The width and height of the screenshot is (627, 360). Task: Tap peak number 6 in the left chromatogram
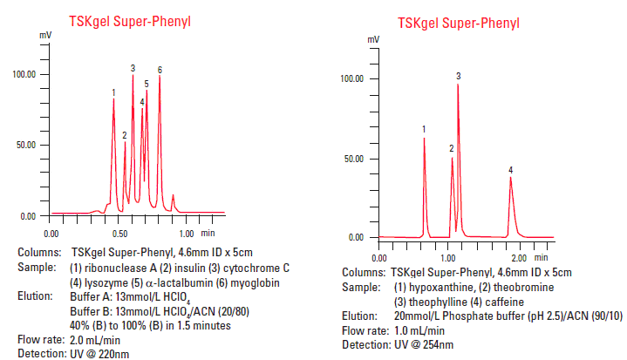point(160,69)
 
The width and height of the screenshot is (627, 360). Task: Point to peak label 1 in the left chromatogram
point(113,92)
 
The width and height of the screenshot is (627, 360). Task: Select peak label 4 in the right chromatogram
point(511,170)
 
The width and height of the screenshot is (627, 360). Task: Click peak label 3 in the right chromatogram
point(459,77)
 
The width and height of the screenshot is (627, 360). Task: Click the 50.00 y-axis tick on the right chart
point(352,159)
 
